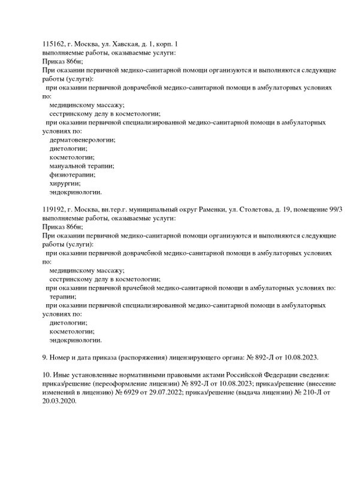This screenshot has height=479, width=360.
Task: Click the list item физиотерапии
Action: tap(72, 175)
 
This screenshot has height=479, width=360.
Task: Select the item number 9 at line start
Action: tap(45, 357)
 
